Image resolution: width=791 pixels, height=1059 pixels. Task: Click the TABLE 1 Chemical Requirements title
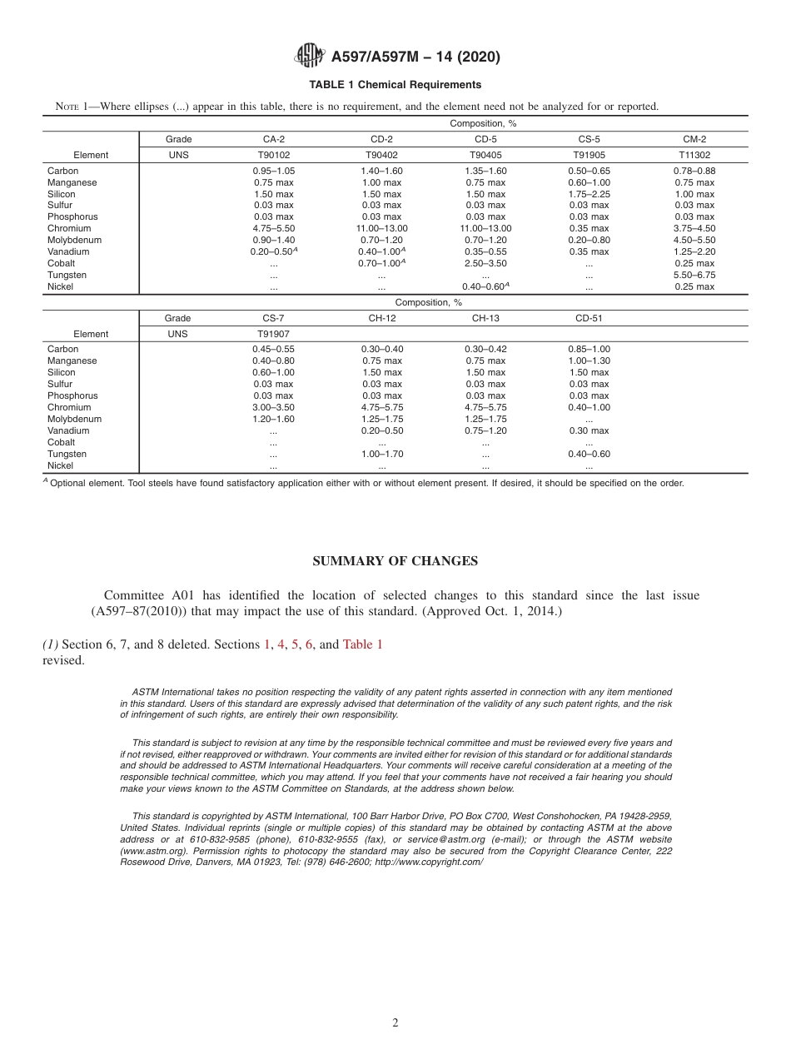[x=395, y=85]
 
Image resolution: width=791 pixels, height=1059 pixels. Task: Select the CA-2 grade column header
[x=273, y=140]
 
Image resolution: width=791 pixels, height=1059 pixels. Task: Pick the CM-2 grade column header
[x=694, y=140]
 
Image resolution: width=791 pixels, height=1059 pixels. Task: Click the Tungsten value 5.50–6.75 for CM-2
[x=694, y=275]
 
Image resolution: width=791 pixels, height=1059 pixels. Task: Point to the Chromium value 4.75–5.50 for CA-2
[x=273, y=228]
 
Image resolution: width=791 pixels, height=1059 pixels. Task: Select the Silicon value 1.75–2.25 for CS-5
[x=589, y=194]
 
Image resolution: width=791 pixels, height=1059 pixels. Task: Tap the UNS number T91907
[x=273, y=334]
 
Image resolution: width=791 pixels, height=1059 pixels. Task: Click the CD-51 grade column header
[x=589, y=318]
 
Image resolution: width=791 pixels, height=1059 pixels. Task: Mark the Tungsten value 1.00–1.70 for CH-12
[x=381, y=454]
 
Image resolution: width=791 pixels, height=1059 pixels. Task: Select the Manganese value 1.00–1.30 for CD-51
[x=589, y=360]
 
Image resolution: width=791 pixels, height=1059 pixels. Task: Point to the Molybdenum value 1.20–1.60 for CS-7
[x=273, y=419]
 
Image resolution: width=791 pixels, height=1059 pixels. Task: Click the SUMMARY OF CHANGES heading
[x=395, y=561]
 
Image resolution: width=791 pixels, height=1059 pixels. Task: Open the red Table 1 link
[x=362, y=644]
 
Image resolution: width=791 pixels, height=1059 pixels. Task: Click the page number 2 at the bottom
[x=395, y=1023]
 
